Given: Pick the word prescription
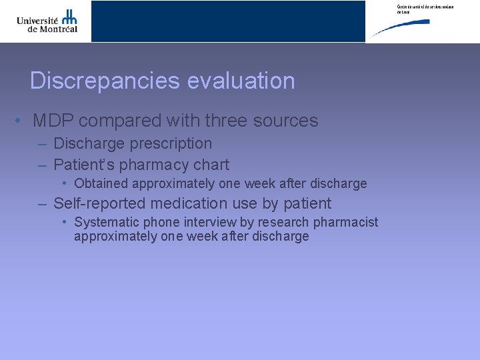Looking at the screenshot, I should (171, 144).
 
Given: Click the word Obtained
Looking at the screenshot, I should (101, 183).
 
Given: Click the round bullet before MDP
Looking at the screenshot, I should (21, 121).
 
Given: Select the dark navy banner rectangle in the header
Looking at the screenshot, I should (228, 21).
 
